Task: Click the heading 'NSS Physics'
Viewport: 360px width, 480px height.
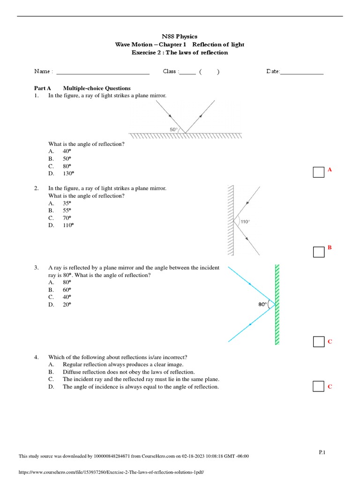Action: (180, 36)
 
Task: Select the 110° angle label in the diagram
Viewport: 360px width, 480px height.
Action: (245, 222)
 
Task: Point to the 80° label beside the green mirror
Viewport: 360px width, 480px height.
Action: (262, 304)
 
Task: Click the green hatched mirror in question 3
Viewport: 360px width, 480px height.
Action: (277, 304)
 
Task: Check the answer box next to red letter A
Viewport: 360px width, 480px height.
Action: (319, 172)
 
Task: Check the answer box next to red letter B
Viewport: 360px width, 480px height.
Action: (319, 252)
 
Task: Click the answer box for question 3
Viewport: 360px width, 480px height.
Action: (319, 342)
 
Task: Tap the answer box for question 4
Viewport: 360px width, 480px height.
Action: (319, 386)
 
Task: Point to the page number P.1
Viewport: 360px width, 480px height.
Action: (322, 452)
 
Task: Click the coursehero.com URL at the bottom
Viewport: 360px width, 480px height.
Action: (112, 472)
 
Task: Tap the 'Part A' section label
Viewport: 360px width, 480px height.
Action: (42, 88)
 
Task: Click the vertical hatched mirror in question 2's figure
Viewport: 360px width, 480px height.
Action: (231, 220)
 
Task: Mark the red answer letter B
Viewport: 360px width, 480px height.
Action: (330, 247)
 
